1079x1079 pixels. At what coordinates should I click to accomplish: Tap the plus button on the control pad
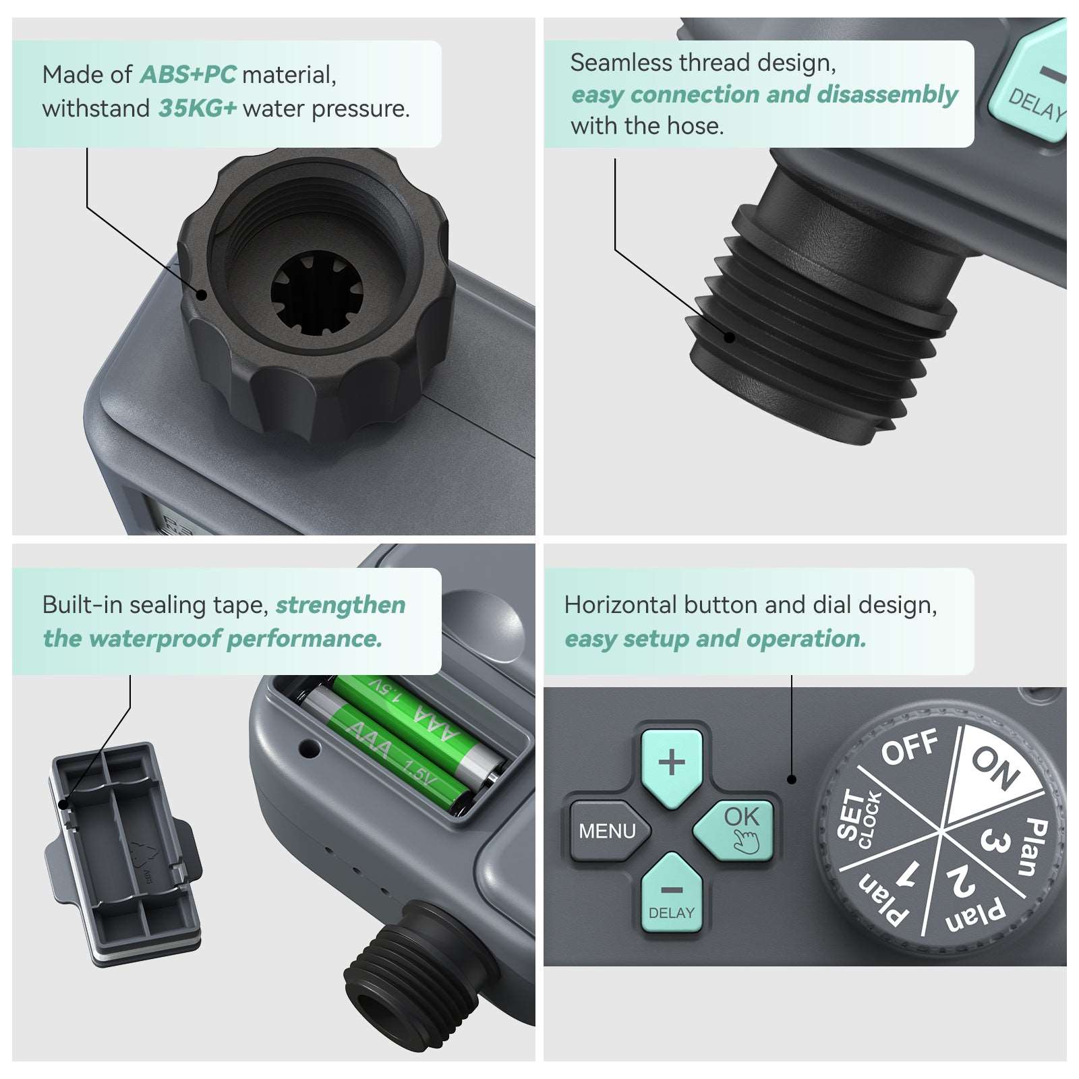671,763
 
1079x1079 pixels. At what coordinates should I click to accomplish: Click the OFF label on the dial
908,747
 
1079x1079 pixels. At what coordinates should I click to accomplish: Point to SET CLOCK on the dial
857,819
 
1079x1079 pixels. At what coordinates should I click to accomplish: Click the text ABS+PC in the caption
187,75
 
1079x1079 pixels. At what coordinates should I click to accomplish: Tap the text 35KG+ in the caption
197,109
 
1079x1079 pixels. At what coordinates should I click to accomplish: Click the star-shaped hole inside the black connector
316,294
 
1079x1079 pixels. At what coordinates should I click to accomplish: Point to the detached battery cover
125,853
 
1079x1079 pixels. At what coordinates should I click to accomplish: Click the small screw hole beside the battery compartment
310,747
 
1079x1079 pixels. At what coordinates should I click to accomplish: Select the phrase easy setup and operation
715,639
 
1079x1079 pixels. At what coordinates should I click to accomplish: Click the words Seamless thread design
703,63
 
